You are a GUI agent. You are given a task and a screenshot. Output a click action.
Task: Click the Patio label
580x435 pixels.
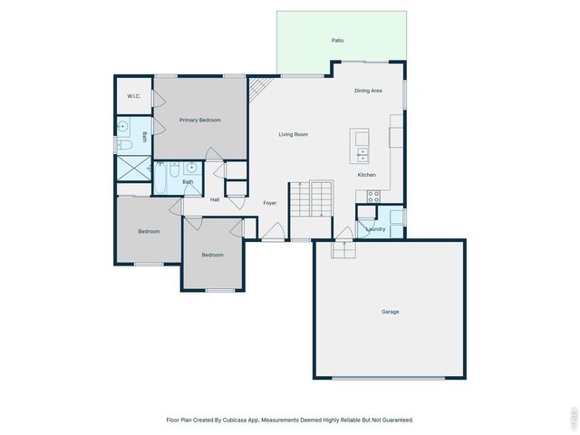coord(337,40)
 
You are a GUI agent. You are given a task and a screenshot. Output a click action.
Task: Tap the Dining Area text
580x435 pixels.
coord(368,91)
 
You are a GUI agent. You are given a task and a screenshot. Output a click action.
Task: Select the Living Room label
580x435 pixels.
coord(293,134)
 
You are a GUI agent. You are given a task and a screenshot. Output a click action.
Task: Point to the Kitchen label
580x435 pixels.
coord(366,175)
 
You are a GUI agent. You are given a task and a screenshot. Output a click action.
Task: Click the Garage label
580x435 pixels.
coord(390,312)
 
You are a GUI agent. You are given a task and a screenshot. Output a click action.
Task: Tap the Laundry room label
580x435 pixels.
coord(375,229)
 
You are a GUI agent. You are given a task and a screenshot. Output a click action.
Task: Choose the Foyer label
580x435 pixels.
coord(270,203)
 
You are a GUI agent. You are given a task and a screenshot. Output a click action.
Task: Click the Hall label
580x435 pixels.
coord(215,199)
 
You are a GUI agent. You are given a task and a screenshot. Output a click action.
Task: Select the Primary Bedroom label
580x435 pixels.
coord(199,120)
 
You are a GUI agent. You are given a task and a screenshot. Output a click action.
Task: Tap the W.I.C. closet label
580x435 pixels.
coord(133,96)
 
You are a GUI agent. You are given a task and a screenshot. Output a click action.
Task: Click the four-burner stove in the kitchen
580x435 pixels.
coord(372,197)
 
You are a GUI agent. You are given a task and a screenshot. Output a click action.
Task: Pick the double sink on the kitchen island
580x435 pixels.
coord(362,153)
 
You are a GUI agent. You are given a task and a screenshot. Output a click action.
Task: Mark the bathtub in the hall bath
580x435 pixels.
coord(161,176)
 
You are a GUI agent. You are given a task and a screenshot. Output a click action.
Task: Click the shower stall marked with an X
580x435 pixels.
coord(133,168)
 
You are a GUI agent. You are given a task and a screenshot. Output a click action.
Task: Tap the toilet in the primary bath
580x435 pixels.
coord(126,142)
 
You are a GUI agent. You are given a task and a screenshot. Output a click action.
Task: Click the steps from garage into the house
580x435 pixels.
coord(343,249)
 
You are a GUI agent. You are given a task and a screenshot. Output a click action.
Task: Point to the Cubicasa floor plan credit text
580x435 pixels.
coord(290,420)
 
